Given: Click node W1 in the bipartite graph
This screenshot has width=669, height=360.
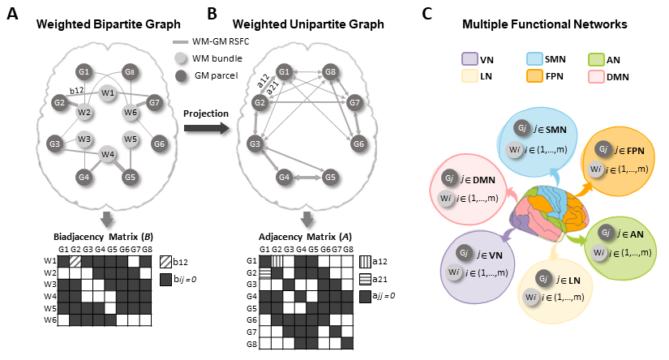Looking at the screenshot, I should coord(107,93).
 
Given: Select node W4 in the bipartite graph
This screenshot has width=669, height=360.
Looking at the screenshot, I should coord(107,154).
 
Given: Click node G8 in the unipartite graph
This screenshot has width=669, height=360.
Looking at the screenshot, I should coord(330,72).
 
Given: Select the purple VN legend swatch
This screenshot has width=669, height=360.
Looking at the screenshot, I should coord(467,58).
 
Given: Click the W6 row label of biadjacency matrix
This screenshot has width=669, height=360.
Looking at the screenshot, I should coord(48,321).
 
